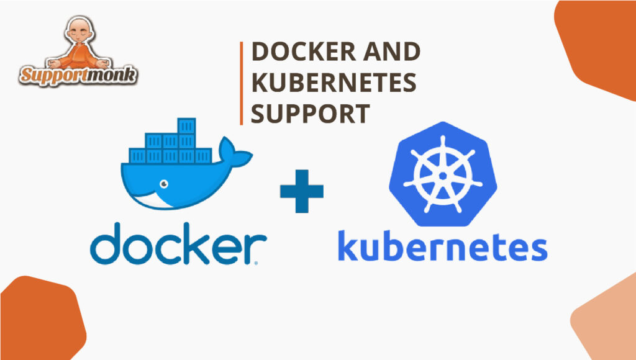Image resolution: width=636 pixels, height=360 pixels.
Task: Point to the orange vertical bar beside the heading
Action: [x=241, y=83]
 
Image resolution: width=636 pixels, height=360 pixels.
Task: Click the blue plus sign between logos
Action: [x=302, y=190]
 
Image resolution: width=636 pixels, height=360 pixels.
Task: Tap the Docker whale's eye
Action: [x=162, y=184]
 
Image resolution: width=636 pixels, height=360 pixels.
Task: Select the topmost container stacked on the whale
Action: [x=187, y=126]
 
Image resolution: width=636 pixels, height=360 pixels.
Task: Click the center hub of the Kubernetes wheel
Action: [x=442, y=176]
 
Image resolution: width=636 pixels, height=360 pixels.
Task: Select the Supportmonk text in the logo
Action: [x=78, y=75]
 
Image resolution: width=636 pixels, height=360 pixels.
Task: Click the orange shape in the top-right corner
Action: [x=599, y=43]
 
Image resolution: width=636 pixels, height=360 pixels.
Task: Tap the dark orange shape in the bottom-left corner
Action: [x=37, y=320]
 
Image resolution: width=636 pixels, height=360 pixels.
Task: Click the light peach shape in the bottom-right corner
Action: [x=606, y=323]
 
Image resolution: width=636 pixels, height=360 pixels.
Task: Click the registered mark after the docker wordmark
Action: [x=257, y=263]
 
